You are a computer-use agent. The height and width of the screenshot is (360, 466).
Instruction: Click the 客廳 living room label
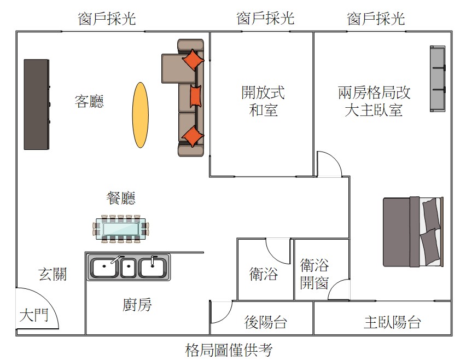pos(89,101)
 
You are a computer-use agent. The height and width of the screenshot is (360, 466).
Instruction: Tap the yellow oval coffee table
pos(141,115)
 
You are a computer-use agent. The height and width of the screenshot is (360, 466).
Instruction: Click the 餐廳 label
pos(121,198)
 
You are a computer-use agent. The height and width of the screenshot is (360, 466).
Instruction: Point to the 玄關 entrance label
pos(53,274)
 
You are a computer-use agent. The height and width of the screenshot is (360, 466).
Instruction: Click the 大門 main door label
pos(34,315)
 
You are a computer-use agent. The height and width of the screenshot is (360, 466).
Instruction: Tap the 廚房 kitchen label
pos(137,305)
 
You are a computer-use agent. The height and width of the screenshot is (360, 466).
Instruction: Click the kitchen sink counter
pos(129,267)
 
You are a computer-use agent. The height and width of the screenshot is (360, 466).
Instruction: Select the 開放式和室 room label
pos(263,101)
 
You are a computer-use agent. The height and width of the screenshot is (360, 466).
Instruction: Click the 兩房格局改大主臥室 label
pos(374,101)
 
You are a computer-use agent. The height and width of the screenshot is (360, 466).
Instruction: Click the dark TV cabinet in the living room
pos(37,104)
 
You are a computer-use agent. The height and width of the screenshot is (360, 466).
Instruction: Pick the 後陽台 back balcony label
pos(265,322)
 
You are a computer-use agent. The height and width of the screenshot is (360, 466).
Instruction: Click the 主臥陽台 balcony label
pos(392,322)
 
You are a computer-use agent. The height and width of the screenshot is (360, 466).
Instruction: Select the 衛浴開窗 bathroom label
pos(314,274)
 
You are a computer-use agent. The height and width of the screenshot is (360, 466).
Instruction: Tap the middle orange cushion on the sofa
pos(195,96)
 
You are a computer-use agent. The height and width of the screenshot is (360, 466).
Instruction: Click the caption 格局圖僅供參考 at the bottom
pos(229,350)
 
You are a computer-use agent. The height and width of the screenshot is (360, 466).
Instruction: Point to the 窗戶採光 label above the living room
pos(107,19)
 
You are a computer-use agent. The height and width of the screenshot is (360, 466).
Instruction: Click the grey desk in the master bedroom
pos(438,78)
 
